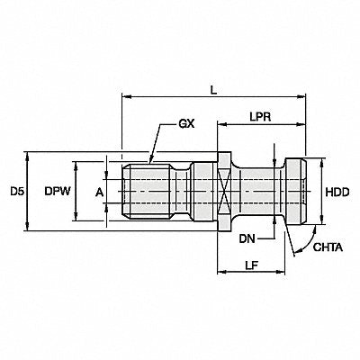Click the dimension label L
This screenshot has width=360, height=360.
pos(213,91)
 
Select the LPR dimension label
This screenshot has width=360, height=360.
pos(260,117)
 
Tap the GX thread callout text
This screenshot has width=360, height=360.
pos(186,123)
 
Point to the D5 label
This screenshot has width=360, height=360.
pos(17,192)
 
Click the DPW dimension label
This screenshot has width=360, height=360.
pos(58,192)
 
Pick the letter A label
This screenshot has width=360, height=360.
pos(99,193)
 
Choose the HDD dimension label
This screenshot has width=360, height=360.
pos(337,193)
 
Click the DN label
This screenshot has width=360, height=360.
pos(247,239)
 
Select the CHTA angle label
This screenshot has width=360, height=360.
pos(328,247)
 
